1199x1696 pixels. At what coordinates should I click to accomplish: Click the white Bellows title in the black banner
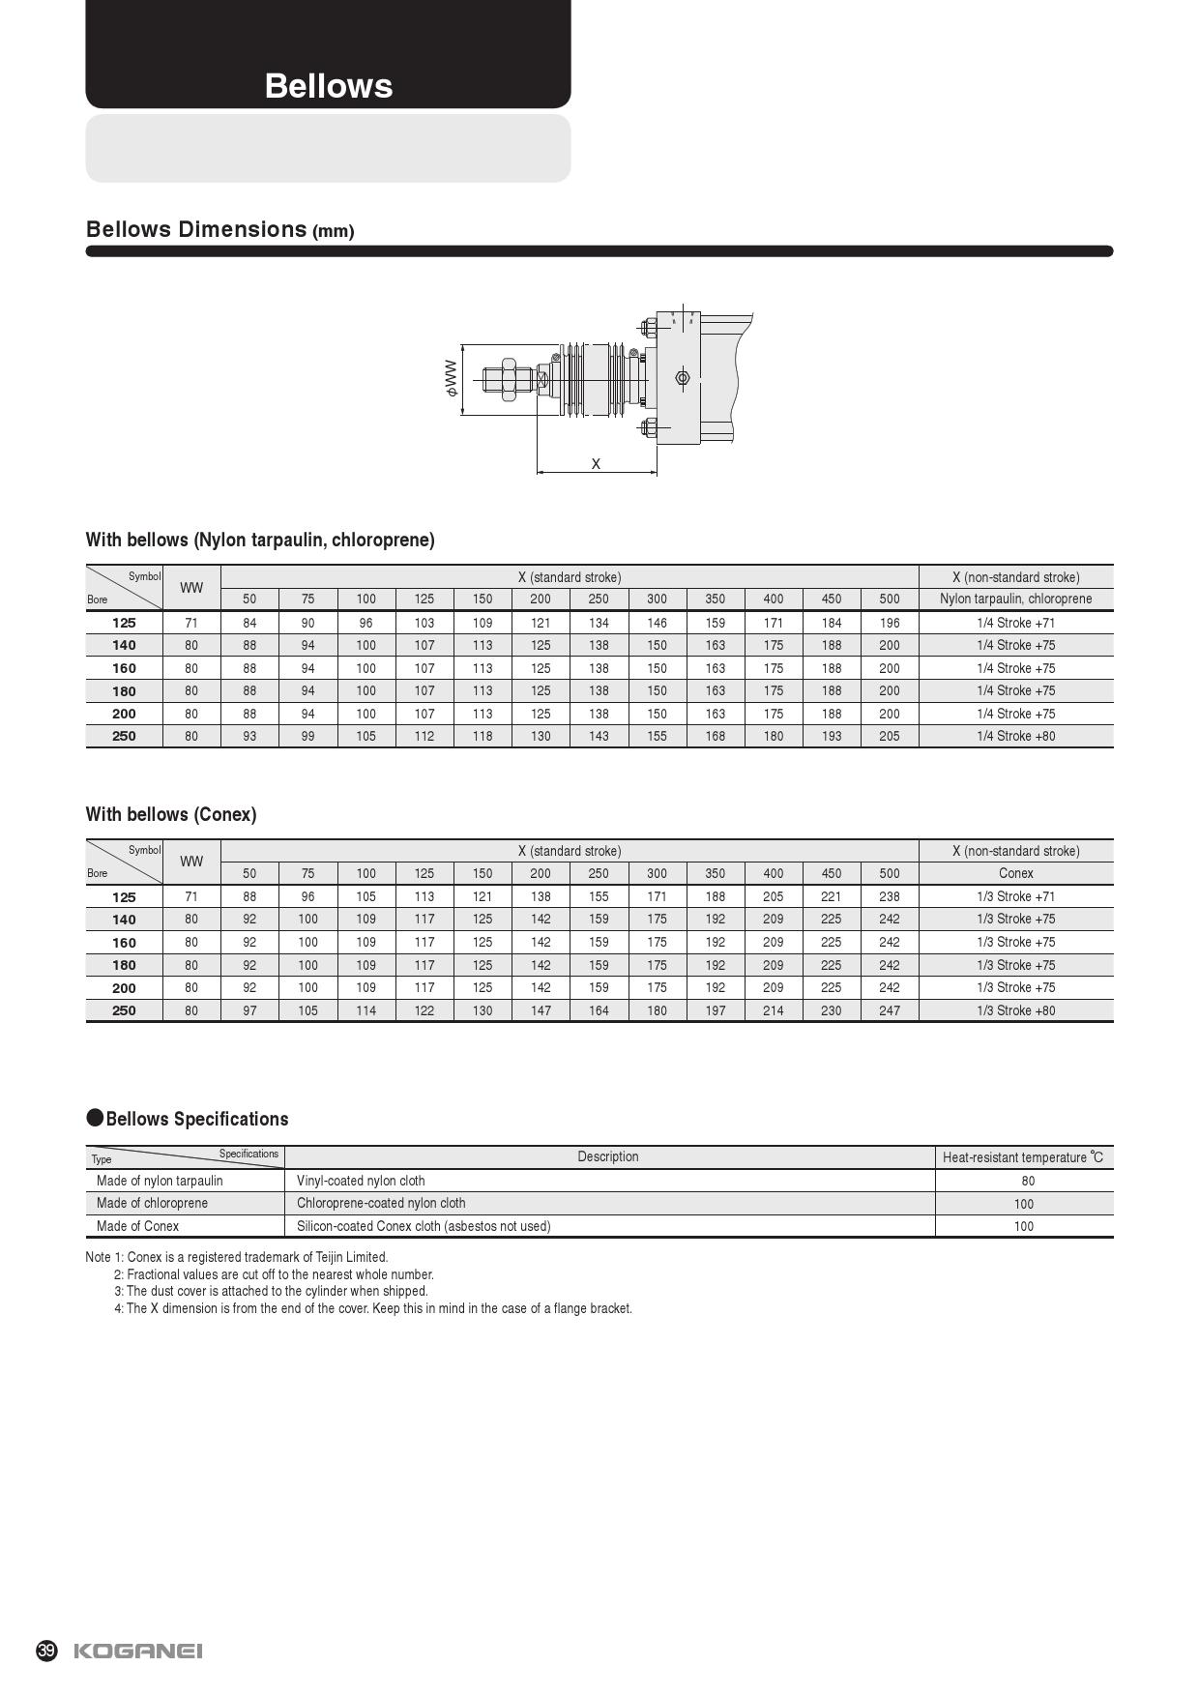pyautogui.click(x=329, y=86)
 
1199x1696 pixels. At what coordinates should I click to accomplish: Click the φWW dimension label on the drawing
pyautogui.click(x=452, y=378)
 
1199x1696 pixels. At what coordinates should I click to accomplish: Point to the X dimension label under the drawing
pyautogui.click(x=596, y=464)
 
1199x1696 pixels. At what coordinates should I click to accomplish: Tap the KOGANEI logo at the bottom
pyautogui.click(x=138, y=1651)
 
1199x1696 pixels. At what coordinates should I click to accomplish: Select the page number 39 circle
pyautogui.click(x=46, y=1651)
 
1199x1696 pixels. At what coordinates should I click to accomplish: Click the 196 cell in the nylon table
pyautogui.click(x=890, y=623)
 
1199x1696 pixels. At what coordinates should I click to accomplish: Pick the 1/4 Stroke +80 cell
pyautogui.click(x=1015, y=736)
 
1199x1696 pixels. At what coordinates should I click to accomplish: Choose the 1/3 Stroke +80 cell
pyautogui.click(x=1015, y=1010)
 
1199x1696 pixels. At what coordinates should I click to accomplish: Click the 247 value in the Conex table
pyautogui.click(x=890, y=1010)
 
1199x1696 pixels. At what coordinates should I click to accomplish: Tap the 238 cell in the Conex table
pyautogui.click(x=890, y=897)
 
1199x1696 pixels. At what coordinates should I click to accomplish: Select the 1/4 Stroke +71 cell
pyautogui.click(x=1015, y=623)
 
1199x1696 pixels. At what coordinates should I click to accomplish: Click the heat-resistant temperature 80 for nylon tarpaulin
pyautogui.click(x=1027, y=1181)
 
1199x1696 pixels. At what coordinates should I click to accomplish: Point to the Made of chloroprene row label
pyautogui.click(x=152, y=1203)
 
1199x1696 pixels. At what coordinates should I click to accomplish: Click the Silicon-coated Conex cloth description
pyautogui.click(x=424, y=1226)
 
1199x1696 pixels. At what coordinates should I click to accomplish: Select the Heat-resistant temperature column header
pyautogui.click(x=1022, y=1157)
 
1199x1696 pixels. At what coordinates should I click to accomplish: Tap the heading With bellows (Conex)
pyautogui.click(x=171, y=814)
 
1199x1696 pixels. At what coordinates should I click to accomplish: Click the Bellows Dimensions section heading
pyautogui.click(x=219, y=230)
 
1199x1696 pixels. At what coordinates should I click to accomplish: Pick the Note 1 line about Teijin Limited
pyautogui.click(x=237, y=1257)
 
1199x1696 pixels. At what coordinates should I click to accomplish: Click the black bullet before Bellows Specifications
pyautogui.click(x=95, y=1118)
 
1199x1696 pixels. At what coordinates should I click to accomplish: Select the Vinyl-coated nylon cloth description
pyautogui.click(x=361, y=1181)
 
